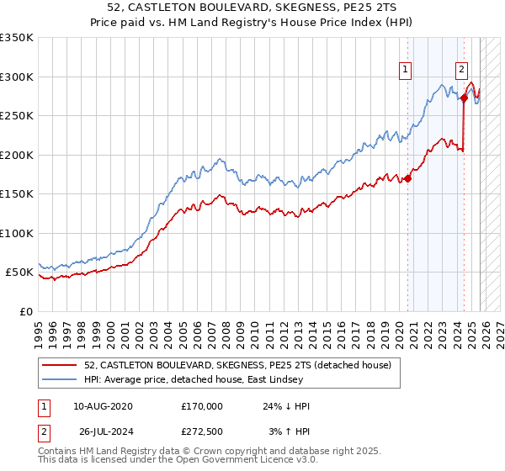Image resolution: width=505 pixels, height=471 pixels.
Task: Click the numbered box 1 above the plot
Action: pos(407,70)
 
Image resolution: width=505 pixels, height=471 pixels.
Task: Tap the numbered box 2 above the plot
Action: pos(462,70)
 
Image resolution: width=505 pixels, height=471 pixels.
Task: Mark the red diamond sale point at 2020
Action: pos(408,178)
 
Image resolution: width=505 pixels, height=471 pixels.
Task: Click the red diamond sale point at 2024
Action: pos(464,98)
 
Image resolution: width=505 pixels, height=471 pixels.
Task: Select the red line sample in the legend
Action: pos(61,366)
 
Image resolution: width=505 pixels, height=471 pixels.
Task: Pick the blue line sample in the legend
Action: pos(61,379)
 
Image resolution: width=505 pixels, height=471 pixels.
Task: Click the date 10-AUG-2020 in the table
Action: pos(104,406)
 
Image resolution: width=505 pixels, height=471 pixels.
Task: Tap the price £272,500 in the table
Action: pos(202,431)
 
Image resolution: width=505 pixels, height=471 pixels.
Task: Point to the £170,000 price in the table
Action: pos(202,406)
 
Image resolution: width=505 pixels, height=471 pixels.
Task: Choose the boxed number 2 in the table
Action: pos(44,431)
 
